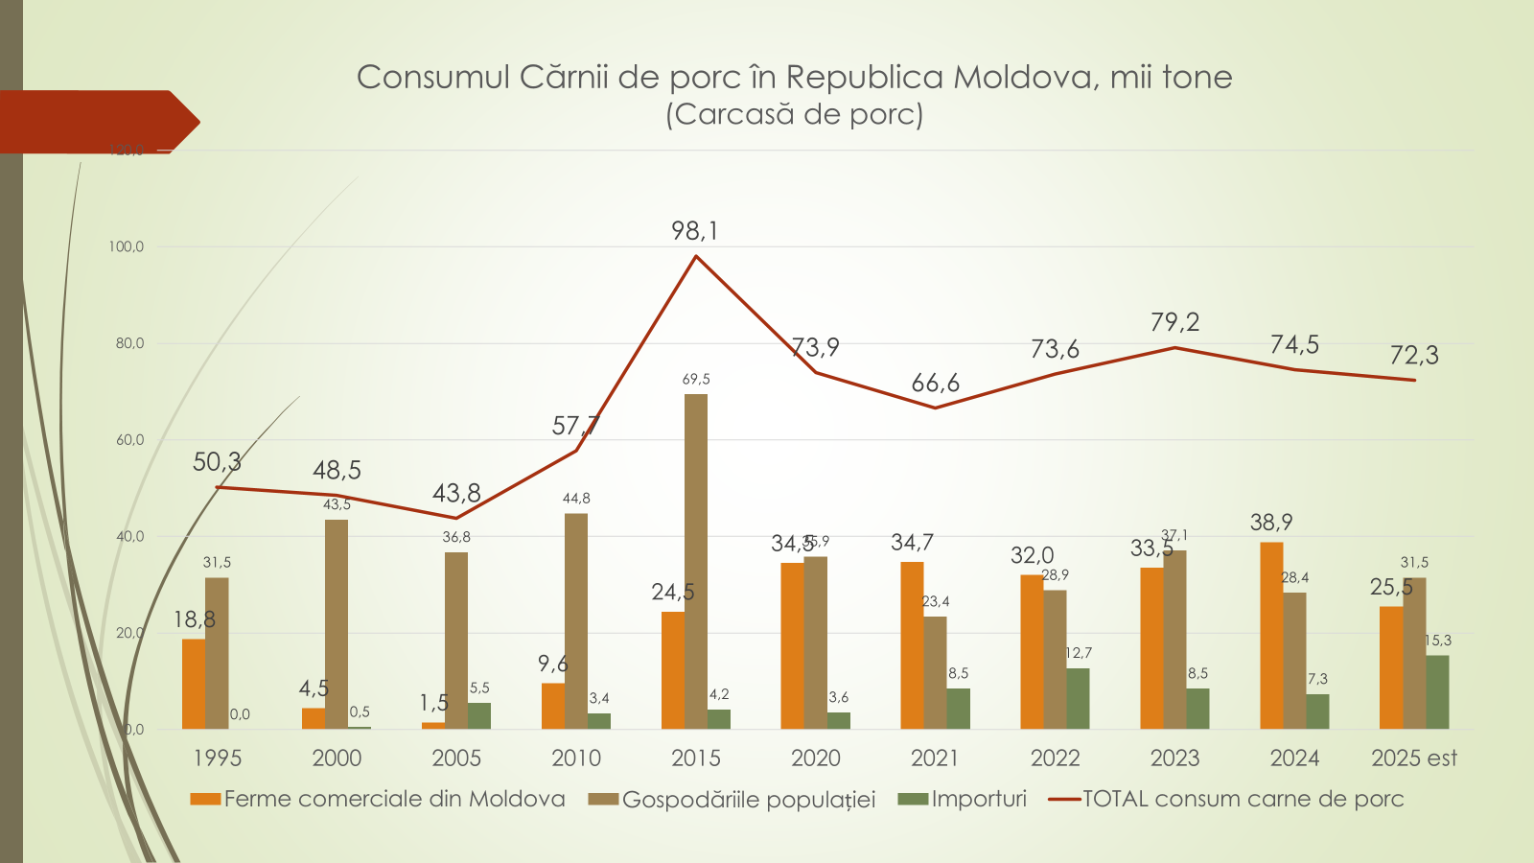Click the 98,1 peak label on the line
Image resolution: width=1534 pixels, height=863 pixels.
pos(695,231)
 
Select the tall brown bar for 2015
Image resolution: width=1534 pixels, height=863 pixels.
pos(696,561)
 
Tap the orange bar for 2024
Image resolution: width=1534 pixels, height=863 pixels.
pos(1271,636)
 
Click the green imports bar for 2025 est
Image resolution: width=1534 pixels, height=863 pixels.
pos(1437,692)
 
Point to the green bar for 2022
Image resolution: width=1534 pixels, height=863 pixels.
pos(1078,698)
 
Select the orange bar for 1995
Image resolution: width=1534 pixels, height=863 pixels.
pos(194,684)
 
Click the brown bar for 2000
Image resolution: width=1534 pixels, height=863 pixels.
pos(337,624)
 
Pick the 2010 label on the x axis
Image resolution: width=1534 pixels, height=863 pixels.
pos(576,758)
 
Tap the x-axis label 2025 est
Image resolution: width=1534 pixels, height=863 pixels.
pos(1414,758)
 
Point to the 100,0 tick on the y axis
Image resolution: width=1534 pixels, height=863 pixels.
pos(126,247)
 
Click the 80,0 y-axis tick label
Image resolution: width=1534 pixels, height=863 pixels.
pos(129,343)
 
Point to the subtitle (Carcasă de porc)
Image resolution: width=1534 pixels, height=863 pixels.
pos(795,114)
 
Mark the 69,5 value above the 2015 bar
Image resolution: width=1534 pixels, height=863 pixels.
pos(696,380)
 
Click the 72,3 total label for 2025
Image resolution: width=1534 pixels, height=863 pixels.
pos(1414,356)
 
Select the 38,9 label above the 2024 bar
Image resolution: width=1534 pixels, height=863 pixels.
pos(1271,523)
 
